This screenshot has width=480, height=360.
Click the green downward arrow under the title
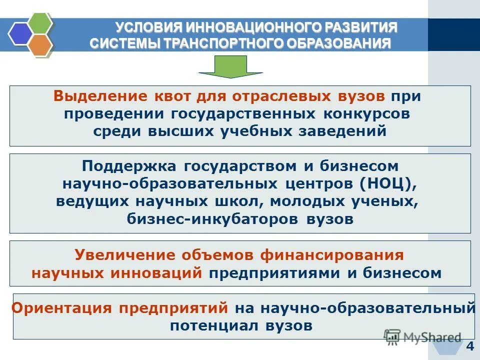point(230,66)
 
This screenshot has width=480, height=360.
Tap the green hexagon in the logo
point(39,22)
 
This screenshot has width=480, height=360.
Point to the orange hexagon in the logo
point(39,44)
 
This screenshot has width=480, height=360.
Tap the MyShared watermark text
point(433,337)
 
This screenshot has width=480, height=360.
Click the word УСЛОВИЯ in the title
point(143,27)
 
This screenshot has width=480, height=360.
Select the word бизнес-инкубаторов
point(210,219)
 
